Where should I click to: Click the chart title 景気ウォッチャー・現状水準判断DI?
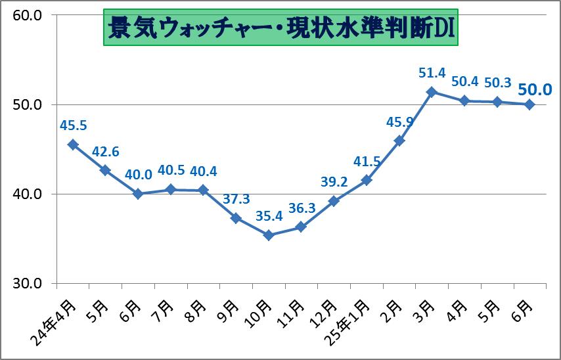pyautogui.click(x=280, y=28)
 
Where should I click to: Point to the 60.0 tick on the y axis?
pyautogui.click(x=28, y=15)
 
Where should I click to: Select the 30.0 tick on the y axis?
pyautogui.click(x=28, y=283)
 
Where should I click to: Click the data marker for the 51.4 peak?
pyautogui.click(x=431, y=92)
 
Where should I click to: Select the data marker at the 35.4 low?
pyautogui.click(x=268, y=235)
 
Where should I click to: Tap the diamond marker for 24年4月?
pyautogui.click(x=73, y=145)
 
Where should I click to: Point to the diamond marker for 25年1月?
pyautogui.click(x=366, y=180)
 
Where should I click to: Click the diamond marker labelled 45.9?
pyautogui.click(x=399, y=141)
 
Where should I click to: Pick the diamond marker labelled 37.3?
pyautogui.click(x=236, y=218)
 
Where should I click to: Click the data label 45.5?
pyautogui.click(x=73, y=125)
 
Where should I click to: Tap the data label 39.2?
pyautogui.click(x=334, y=181)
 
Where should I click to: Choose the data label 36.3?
pyautogui.click(x=301, y=207)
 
